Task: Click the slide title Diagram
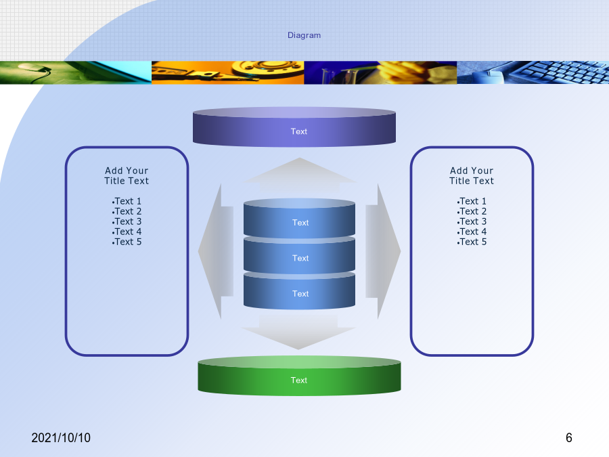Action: tap(304, 35)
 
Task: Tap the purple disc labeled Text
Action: tap(294, 127)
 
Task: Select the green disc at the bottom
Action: tap(299, 376)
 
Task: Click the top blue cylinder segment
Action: tap(299, 218)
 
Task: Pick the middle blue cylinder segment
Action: tap(299, 256)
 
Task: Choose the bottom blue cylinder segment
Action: tap(299, 291)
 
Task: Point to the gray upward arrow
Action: tap(300, 175)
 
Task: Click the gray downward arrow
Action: tap(298, 332)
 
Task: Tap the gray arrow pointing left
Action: tap(216, 251)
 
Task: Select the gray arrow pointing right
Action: tap(383, 251)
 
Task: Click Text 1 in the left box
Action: tap(127, 201)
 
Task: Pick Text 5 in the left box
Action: tap(127, 242)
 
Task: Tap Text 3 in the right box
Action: tap(472, 221)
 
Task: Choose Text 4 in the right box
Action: tap(472, 232)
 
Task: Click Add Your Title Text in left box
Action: tap(127, 175)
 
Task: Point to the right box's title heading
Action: tap(472, 175)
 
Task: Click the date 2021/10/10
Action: tap(61, 438)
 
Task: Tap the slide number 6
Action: tap(569, 438)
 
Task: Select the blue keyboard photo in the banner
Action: tap(533, 72)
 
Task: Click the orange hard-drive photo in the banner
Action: tap(227, 72)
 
